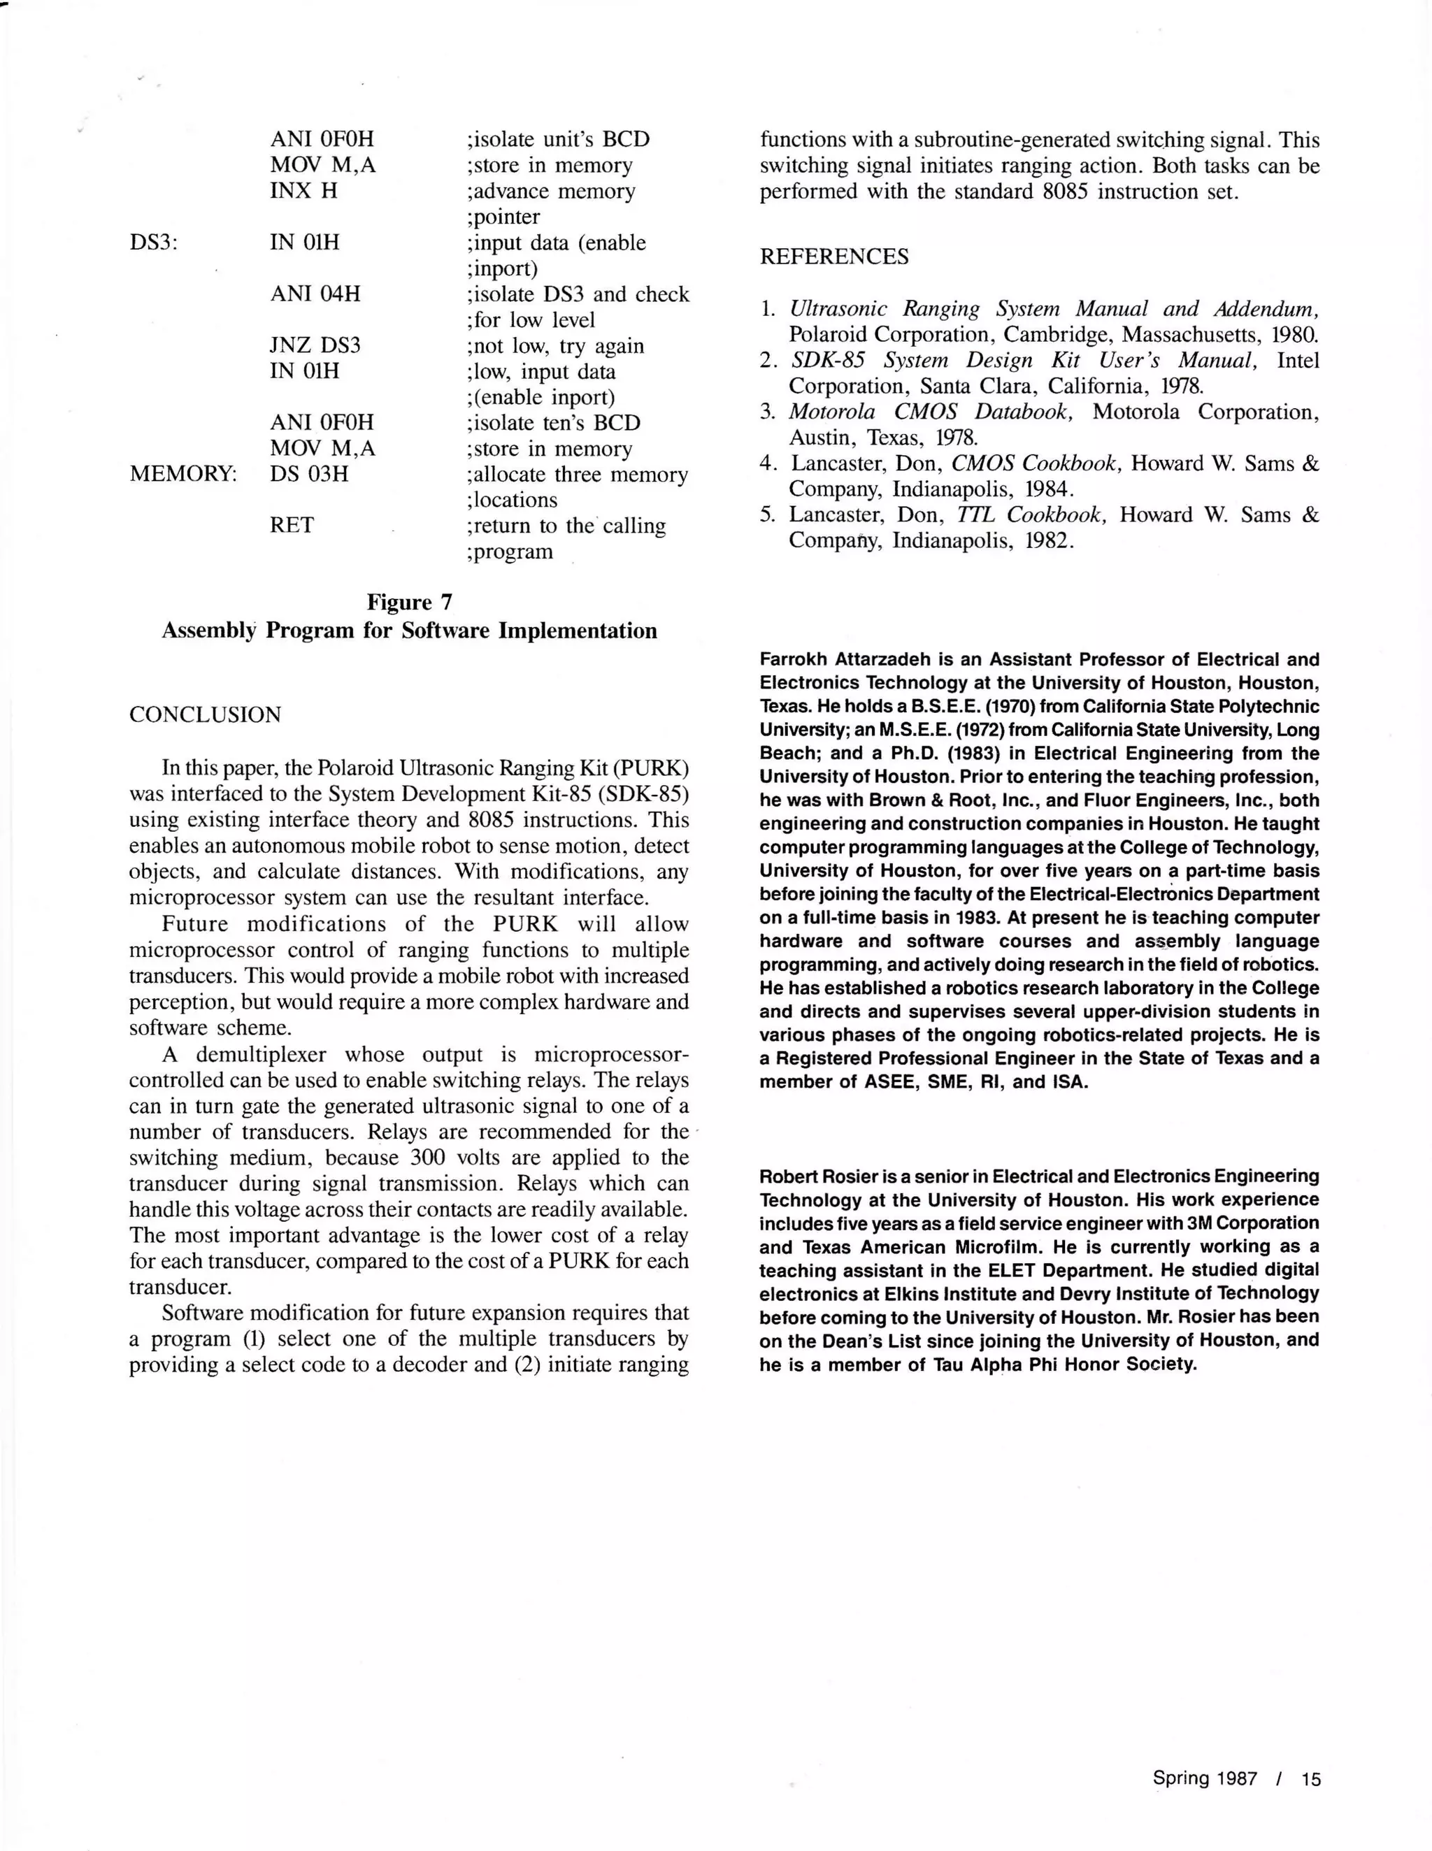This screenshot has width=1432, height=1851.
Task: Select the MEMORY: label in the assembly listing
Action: (183, 475)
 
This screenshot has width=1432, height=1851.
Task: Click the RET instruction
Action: (292, 526)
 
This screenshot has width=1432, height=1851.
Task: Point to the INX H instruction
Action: (303, 192)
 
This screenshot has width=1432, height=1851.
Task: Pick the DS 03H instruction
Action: (308, 475)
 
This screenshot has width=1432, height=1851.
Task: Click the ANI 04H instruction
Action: (315, 294)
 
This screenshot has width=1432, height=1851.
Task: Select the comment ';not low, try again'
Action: (554, 346)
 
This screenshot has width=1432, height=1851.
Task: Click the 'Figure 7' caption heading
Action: (410, 603)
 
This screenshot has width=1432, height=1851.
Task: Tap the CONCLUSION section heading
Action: (204, 714)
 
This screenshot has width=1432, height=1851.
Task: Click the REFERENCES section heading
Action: (833, 257)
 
